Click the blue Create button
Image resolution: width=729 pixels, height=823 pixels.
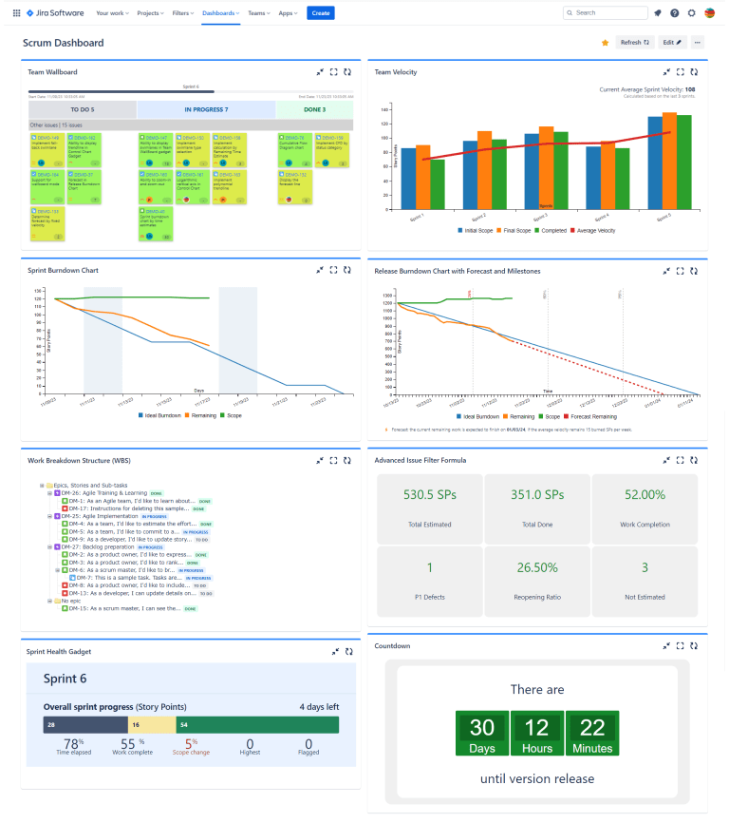321,12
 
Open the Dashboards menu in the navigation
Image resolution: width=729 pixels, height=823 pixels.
218,12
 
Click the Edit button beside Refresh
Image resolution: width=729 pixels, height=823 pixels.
672,43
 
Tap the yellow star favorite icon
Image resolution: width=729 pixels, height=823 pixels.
605,43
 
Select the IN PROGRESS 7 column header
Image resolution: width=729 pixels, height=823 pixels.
205,109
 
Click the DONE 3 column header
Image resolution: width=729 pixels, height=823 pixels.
314,109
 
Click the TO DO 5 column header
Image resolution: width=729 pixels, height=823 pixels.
83,109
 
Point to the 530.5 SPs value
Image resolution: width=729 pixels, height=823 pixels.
430,495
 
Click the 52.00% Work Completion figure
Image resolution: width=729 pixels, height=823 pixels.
645,495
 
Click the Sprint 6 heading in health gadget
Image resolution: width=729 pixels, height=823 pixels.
64,679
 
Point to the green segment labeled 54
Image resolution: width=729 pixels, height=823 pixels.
256,725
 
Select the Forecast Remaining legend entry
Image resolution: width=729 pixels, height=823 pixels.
594,416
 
